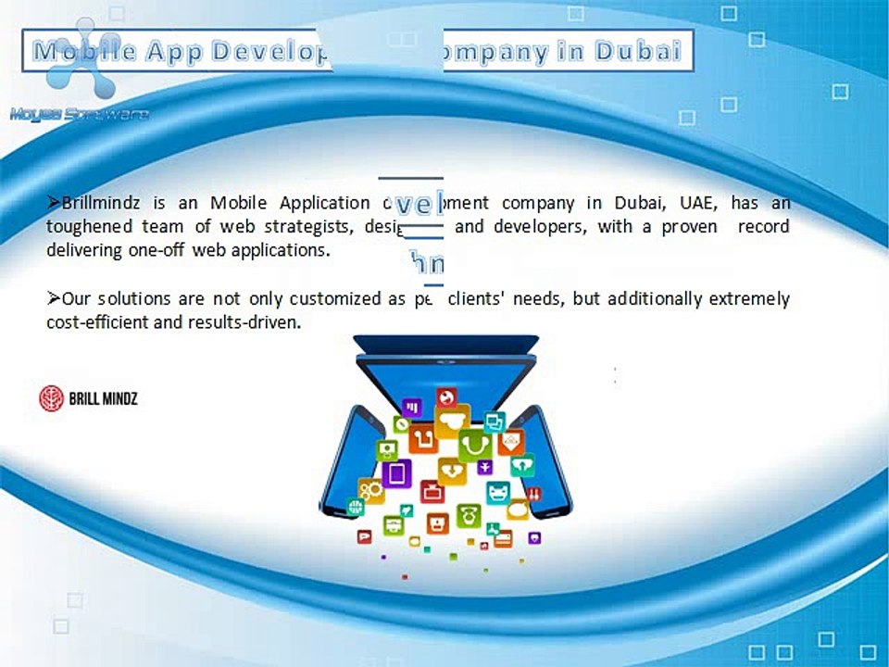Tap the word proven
coord(688,227)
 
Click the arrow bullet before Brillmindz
coord(53,203)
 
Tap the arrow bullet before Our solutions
coord(53,298)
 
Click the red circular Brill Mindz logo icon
coord(51,399)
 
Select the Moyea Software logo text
coord(79,114)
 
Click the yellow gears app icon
coord(371,490)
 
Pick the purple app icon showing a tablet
coord(396,474)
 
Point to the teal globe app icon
coord(355,507)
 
